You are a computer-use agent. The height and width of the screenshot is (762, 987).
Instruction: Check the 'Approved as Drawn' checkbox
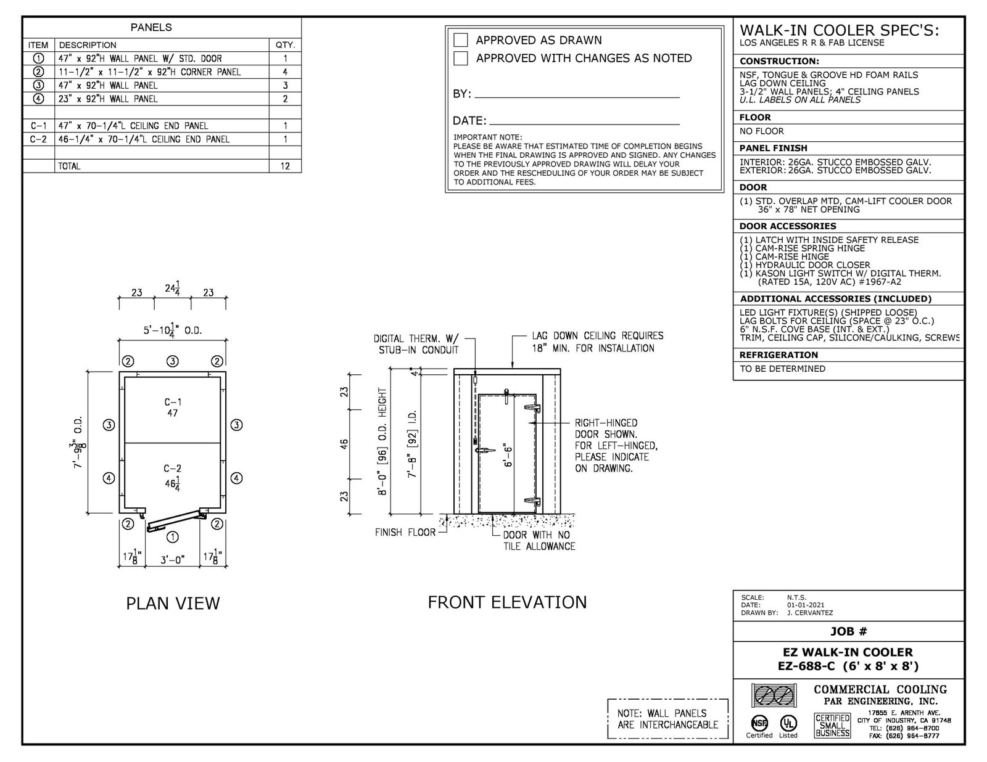tap(461, 40)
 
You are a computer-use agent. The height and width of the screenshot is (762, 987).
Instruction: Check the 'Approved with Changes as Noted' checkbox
tap(461, 59)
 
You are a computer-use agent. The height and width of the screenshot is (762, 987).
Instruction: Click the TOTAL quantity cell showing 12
tap(285, 166)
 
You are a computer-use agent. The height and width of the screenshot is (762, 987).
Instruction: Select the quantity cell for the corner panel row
tap(285, 72)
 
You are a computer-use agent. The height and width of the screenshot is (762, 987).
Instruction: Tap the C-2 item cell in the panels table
tap(38, 139)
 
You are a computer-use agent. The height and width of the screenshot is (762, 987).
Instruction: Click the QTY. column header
tap(285, 45)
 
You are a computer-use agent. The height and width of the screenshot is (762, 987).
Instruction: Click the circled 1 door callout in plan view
tap(173, 537)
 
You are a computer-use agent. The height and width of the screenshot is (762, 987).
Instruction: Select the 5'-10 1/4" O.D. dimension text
tap(173, 331)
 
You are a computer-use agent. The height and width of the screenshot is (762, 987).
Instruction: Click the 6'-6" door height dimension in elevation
tap(507, 455)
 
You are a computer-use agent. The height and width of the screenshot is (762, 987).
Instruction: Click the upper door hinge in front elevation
tap(532, 408)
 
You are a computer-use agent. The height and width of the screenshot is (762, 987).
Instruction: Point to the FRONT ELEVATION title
tap(507, 602)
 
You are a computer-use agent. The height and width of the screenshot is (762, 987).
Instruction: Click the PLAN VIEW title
tap(173, 603)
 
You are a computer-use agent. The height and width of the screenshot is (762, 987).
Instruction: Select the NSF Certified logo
tap(758, 723)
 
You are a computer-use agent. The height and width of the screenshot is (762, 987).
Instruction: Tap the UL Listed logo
tap(788, 723)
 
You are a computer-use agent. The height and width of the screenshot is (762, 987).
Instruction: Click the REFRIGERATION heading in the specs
tap(778, 355)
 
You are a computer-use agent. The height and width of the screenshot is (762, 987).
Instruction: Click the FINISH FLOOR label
tap(405, 532)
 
